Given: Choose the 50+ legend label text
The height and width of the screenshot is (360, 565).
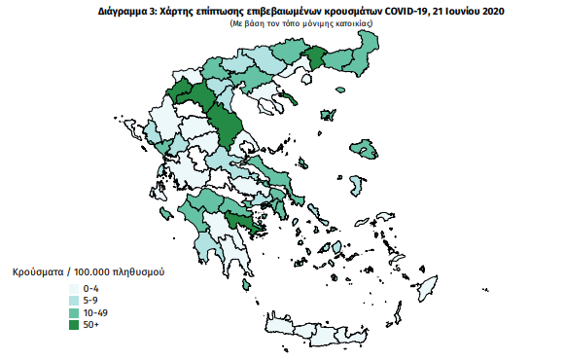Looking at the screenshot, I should coord(92,324).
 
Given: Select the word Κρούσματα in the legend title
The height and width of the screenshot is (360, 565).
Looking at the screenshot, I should coord(38,272).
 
